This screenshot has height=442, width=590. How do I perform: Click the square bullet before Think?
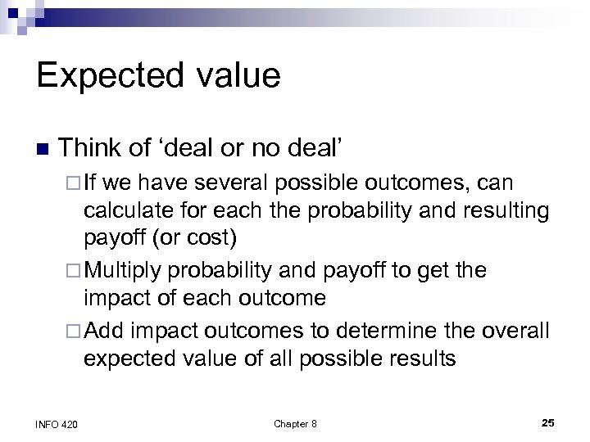pos(43,149)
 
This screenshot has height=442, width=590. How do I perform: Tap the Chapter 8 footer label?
pos(295,423)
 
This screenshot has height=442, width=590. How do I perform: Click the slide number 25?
pos(548,422)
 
